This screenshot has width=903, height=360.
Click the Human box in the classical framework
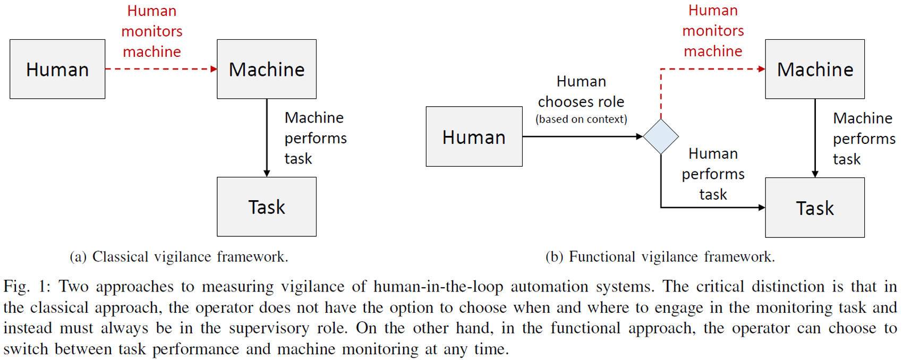[x=57, y=69]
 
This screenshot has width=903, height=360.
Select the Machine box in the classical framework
[x=266, y=69]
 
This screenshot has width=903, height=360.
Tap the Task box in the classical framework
[x=266, y=207]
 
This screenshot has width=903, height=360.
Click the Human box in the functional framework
[x=474, y=137]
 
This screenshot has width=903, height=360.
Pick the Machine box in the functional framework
[x=814, y=69]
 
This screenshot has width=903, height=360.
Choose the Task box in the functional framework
[x=814, y=208]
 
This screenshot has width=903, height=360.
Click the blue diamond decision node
[x=660, y=136]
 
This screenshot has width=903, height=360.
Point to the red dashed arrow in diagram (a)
[x=159, y=68]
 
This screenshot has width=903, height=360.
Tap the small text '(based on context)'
[x=581, y=119]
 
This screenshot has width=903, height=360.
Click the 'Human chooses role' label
[x=581, y=91]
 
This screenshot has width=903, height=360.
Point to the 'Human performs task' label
[x=713, y=174]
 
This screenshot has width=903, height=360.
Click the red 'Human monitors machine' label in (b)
[x=713, y=31]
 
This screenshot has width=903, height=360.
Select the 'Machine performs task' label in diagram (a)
[x=315, y=138]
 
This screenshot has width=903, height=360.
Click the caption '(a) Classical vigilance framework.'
[x=179, y=257]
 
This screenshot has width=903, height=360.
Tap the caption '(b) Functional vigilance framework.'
[x=660, y=257]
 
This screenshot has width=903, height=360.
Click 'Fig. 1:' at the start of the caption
[x=27, y=287]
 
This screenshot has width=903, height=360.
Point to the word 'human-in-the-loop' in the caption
[x=438, y=287]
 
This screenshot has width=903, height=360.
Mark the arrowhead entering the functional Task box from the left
[x=762, y=208]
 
